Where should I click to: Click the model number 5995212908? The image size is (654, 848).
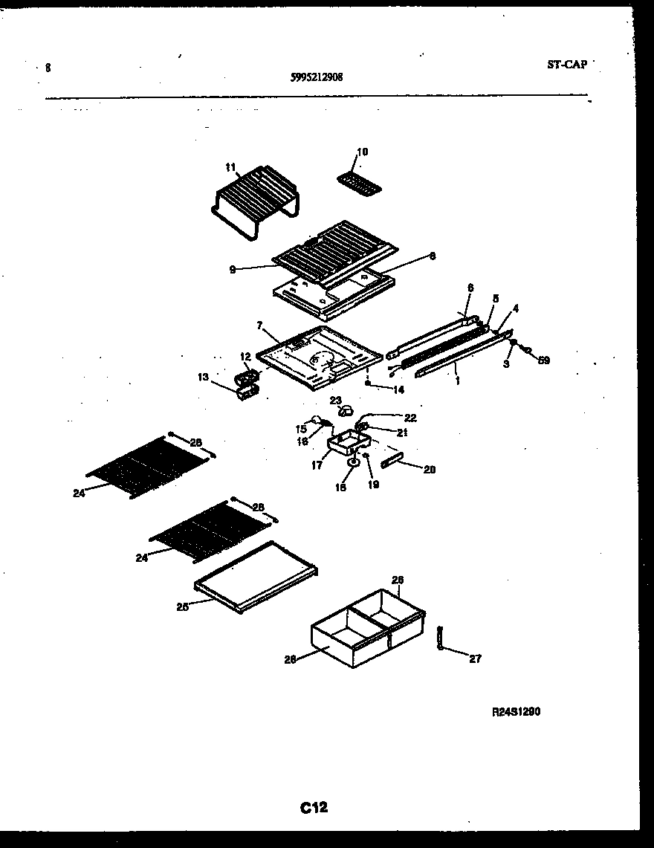click(x=317, y=76)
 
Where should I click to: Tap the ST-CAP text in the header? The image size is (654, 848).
click(x=566, y=65)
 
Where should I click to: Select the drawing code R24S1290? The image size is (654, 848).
click(x=516, y=711)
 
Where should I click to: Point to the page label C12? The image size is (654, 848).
click(x=314, y=808)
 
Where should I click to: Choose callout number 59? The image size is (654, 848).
click(x=544, y=360)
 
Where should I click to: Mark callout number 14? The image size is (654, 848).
click(x=399, y=389)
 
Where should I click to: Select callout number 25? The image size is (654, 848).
click(x=181, y=607)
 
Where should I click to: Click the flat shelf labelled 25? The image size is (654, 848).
click(x=256, y=577)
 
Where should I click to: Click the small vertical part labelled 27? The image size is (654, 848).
click(x=440, y=638)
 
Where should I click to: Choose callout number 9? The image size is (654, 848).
click(x=233, y=271)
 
